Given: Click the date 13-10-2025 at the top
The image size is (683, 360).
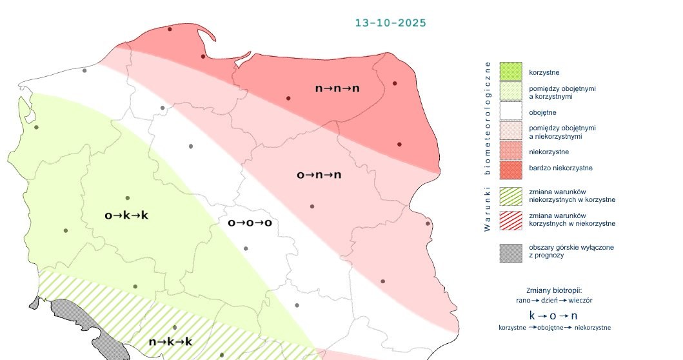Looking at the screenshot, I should point(390,23).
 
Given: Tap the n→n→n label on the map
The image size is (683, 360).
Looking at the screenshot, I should point(337,88).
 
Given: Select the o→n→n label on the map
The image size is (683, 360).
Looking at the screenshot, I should point(319,175).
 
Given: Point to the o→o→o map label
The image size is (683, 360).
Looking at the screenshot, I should point(250,223).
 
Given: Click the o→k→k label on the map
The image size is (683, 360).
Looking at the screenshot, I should point(126,215).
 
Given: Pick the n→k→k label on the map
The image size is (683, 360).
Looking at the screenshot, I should point(170,342).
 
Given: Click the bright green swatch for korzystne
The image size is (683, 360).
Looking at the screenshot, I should point(511,71).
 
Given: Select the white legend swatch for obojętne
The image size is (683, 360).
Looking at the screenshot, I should point(511,112).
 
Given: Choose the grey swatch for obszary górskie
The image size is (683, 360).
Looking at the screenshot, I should point(511,252).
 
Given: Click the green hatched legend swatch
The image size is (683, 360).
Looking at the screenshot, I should point(511,195).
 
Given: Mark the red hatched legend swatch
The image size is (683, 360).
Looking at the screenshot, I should point(511,219).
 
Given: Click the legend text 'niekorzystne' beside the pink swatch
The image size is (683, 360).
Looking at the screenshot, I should point(549,152).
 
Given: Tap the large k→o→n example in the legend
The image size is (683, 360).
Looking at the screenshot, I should point(553,315).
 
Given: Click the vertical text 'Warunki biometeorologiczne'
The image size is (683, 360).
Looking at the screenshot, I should point(488,146).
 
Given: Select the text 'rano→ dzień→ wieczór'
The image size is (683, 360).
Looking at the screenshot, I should point(555,301).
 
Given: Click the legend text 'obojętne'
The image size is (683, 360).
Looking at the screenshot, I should point(542,112).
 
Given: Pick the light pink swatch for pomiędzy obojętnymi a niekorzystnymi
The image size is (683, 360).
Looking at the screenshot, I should point(511,132).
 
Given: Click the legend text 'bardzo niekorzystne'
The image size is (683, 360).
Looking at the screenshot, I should point(560,168).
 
